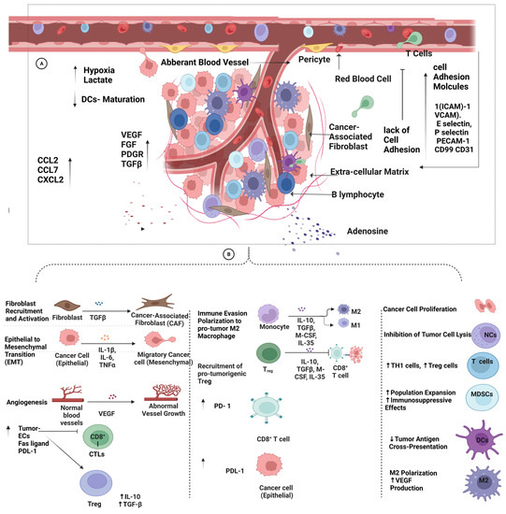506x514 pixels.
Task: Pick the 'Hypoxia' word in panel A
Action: click(104, 70)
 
